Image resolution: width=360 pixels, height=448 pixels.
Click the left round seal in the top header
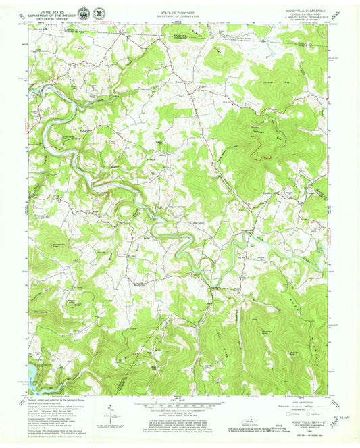pyautogui.click(x=82, y=13)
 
